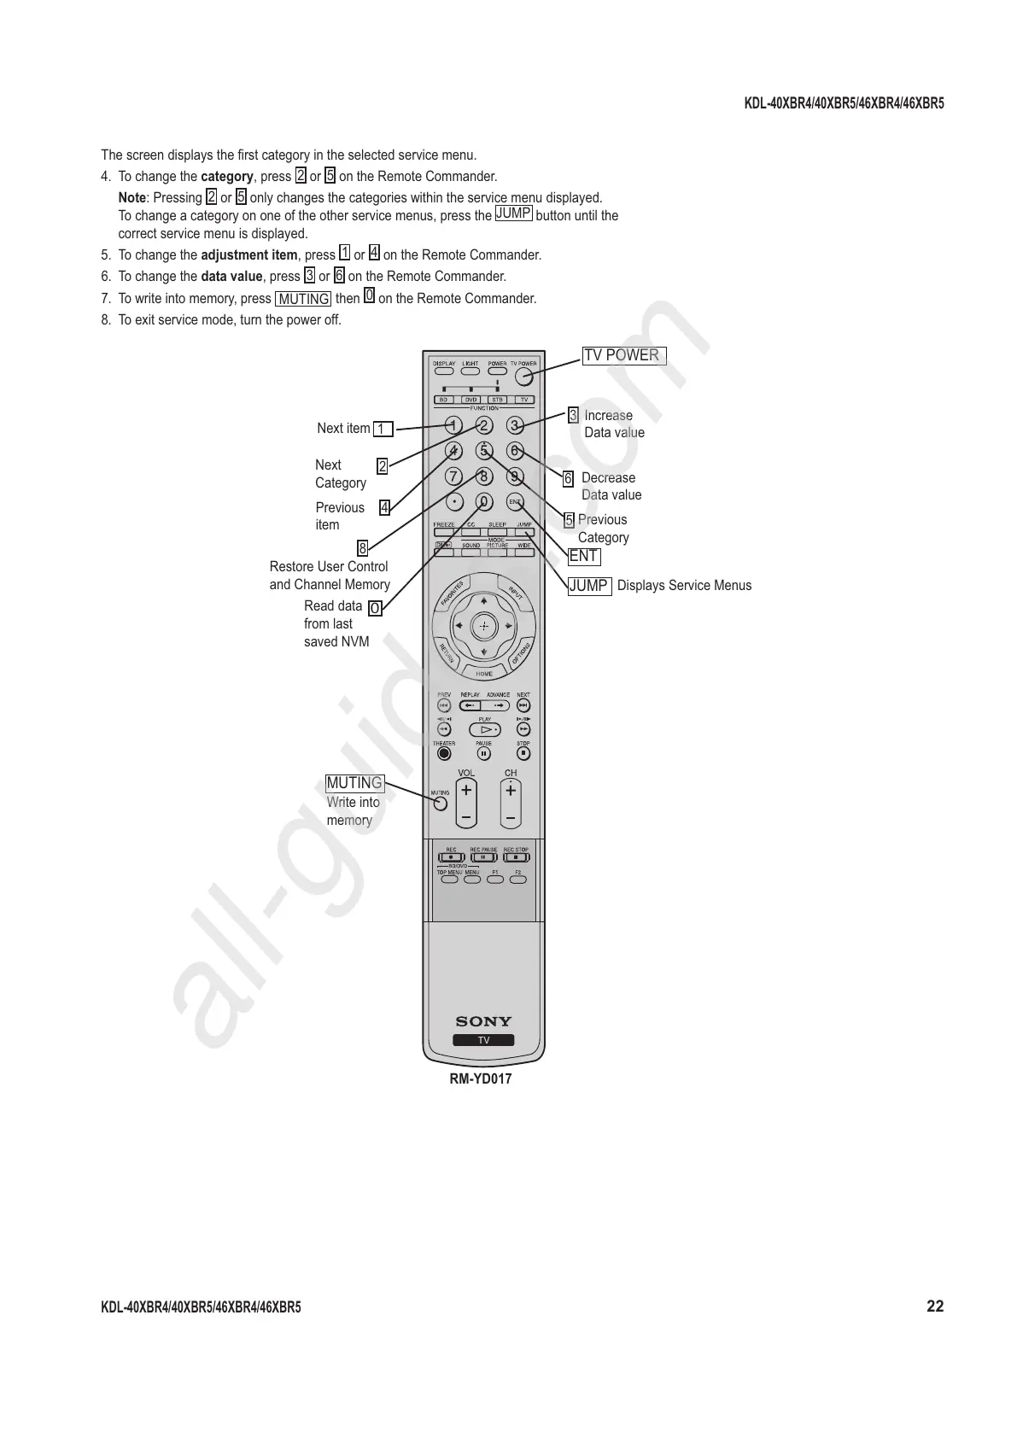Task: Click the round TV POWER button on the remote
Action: pyautogui.click(x=523, y=375)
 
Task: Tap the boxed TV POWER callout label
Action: pyautogui.click(x=623, y=355)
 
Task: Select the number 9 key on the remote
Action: pyautogui.click(x=514, y=476)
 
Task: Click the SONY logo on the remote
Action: pyautogui.click(x=483, y=1021)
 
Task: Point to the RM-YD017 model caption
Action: pyautogui.click(x=481, y=1078)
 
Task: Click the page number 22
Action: pyautogui.click(x=935, y=1306)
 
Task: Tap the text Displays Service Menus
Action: pyautogui.click(x=684, y=585)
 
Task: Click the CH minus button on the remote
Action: pyautogui.click(x=511, y=817)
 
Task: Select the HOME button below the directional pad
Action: pyautogui.click(x=484, y=674)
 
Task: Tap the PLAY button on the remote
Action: pyautogui.click(x=485, y=730)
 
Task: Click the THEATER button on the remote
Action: pyautogui.click(x=443, y=753)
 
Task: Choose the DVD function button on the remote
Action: pyautogui.click(x=471, y=400)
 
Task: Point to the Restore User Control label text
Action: pyautogui.click(x=329, y=567)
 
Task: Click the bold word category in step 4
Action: pyautogui.click(x=226, y=177)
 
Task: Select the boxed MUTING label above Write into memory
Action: pyautogui.click(x=354, y=783)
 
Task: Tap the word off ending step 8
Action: pyautogui.click(x=332, y=320)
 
